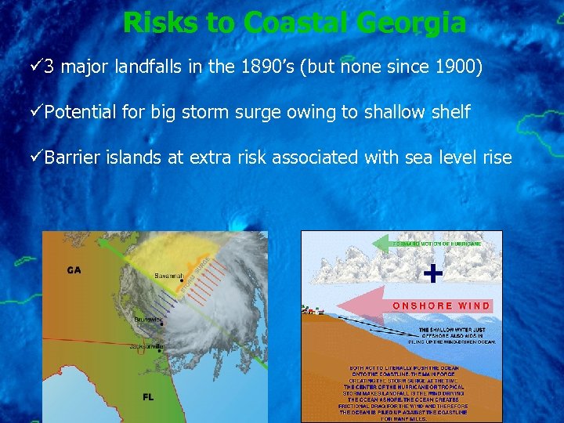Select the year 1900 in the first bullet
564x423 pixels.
click(457, 67)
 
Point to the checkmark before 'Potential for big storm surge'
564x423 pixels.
click(37, 112)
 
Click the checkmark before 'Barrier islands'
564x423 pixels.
click(37, 157)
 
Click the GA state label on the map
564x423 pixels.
click(74, 270)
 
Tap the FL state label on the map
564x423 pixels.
click(147, 396)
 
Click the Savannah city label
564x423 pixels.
click(168, 276)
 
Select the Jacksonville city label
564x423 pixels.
click(146, 345)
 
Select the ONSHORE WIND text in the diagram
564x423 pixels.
click(441, 305)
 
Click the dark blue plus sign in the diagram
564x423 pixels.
click(432, 273)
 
